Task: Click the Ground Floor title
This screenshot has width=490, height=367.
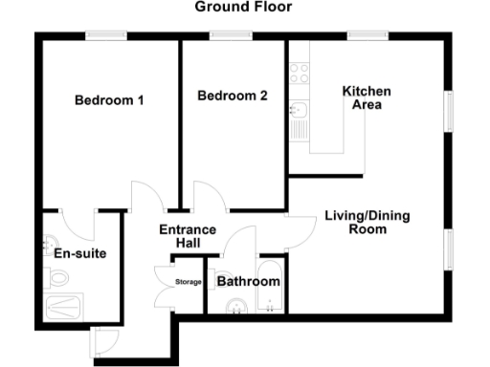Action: (x=243, y=8)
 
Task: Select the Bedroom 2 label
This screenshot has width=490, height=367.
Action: (x=232, y=96)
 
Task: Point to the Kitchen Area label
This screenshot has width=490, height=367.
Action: (x=367, y=97)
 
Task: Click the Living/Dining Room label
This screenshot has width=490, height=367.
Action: (x=367, y=223)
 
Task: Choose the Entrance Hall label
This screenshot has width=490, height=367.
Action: (x=187, y=237)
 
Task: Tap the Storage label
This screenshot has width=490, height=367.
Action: (x=188, y=282)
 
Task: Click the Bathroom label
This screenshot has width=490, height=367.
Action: (x=248, y=282)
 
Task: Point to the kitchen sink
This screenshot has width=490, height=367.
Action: (x=300, y=119)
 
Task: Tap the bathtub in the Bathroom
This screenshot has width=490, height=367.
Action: (x=271, y=287)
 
